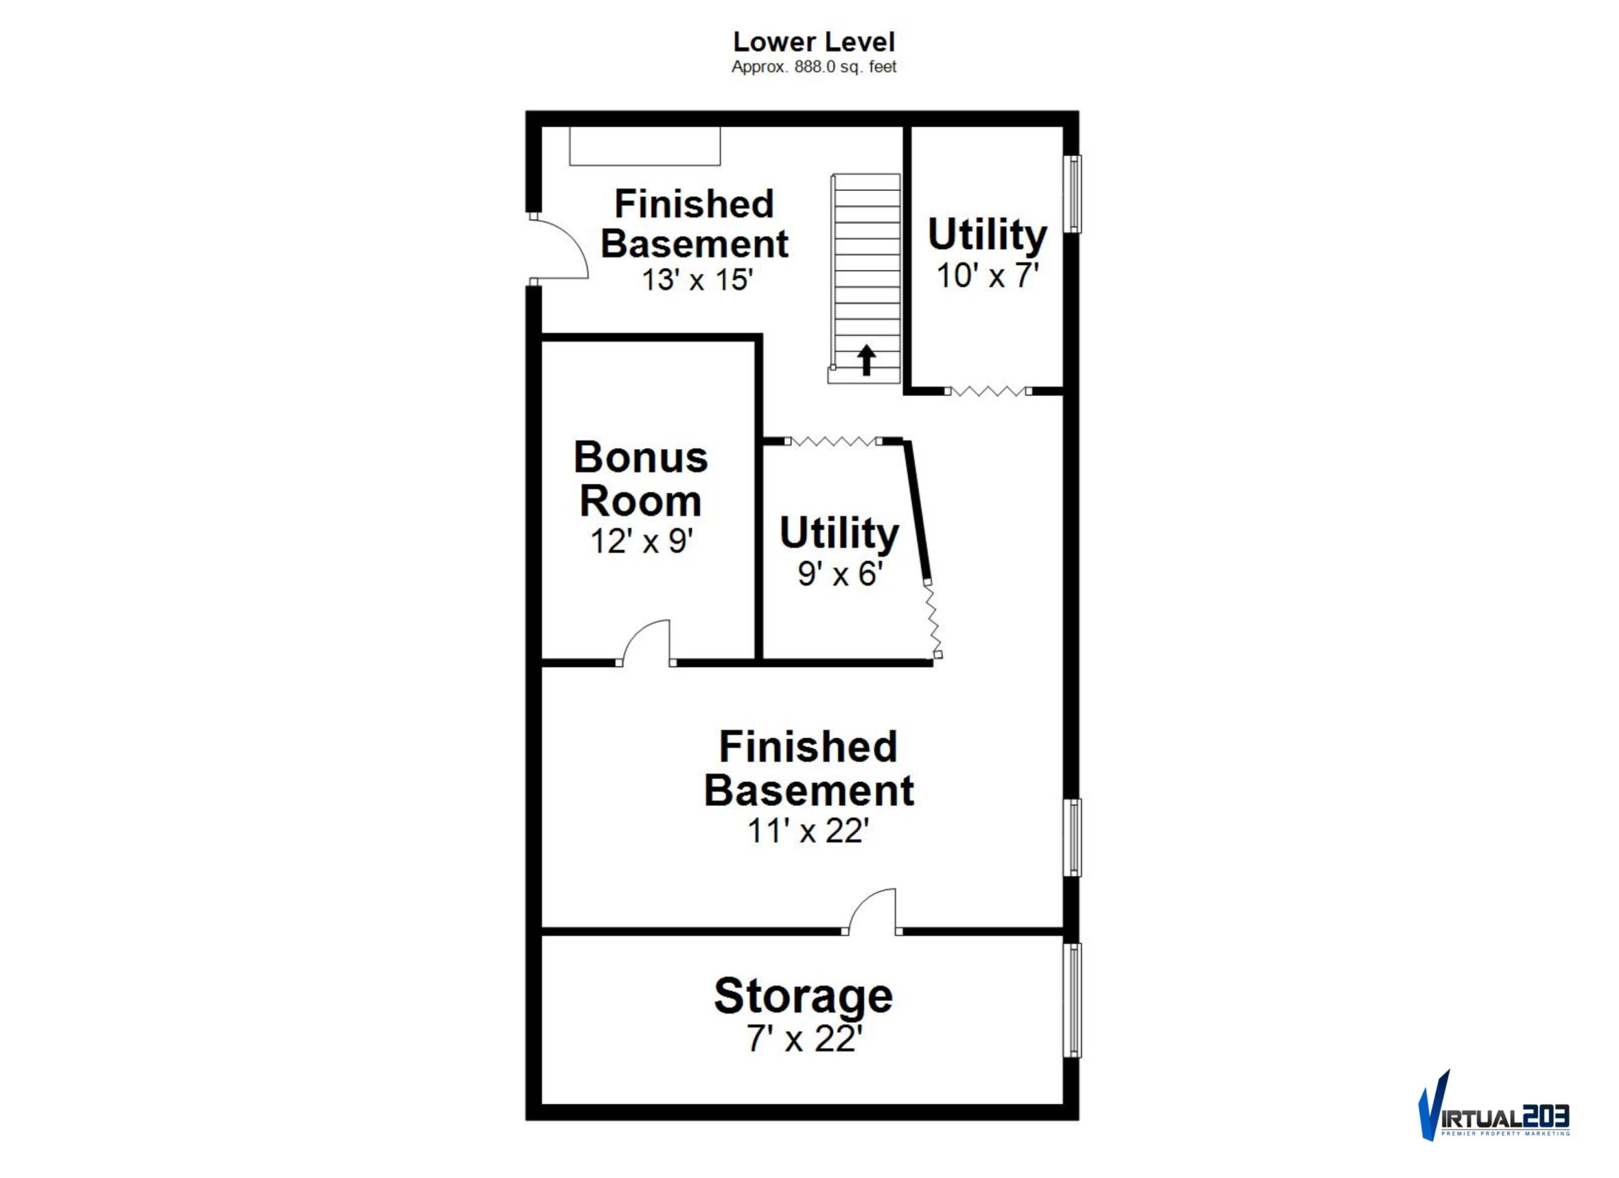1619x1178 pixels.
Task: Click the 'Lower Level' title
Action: [813, 42]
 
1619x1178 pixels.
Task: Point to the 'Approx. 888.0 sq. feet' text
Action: [814, 67]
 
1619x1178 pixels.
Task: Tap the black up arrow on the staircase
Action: [866, 360]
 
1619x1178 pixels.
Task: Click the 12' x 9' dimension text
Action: [642, 541]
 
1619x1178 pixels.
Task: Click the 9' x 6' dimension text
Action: [840, 573]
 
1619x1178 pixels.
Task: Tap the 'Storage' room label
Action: [803, 997]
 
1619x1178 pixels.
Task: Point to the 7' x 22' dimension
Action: [804, 1039]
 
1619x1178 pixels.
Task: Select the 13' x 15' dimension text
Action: [697, 279]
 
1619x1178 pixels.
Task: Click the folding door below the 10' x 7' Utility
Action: [988, 391]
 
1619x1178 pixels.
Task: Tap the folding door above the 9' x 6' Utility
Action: [834, 441]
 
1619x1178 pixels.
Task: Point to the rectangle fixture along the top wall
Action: [644, 146]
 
